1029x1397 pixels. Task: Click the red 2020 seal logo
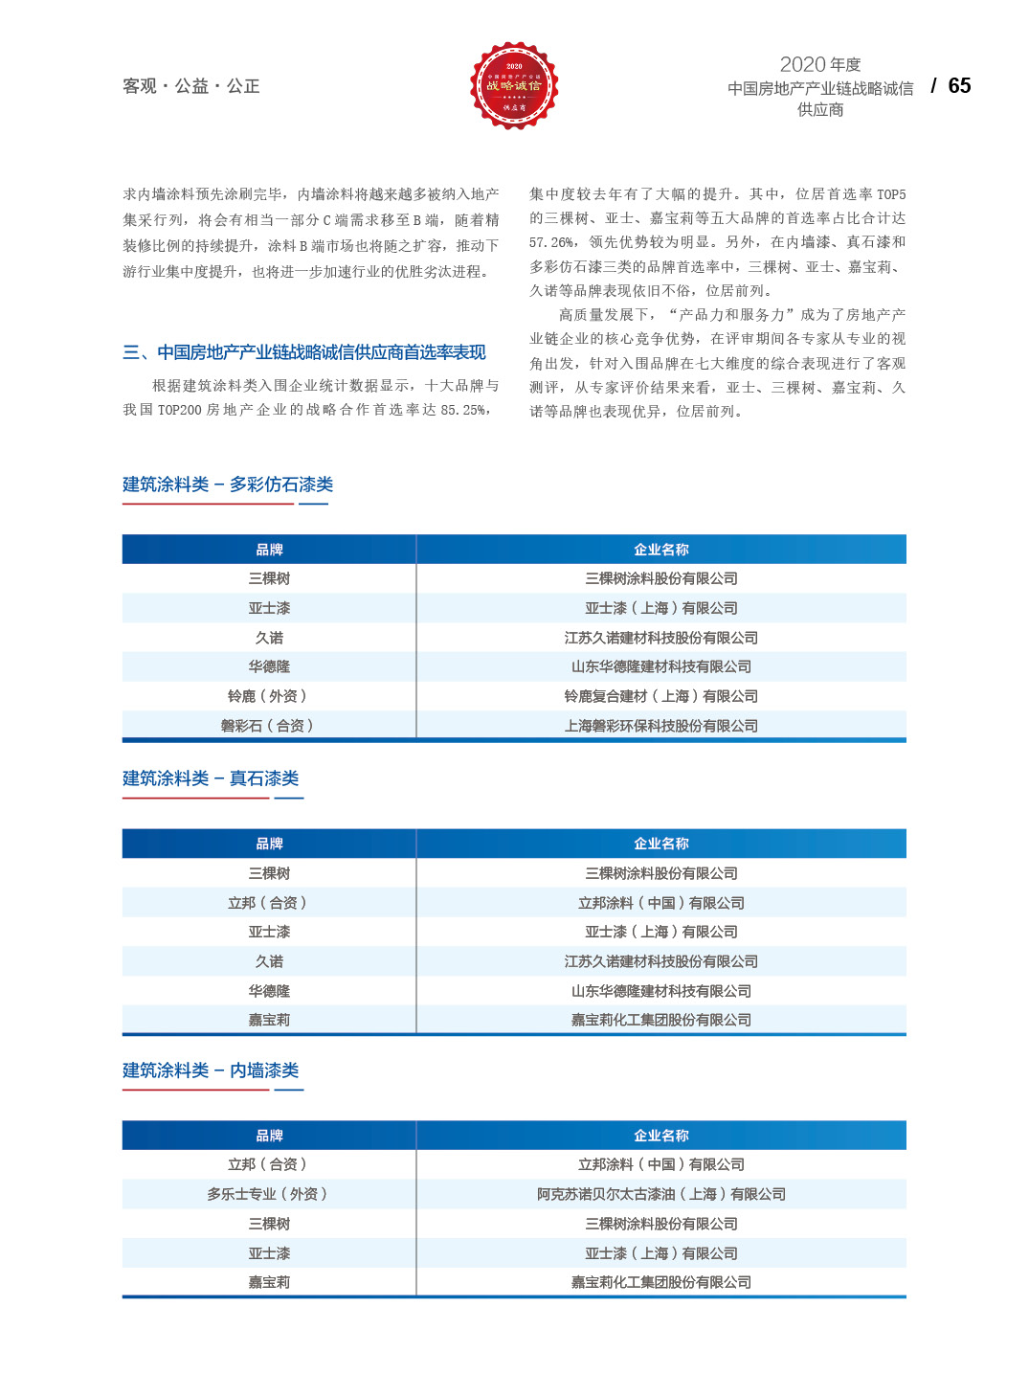pyautogui.click(x=514, y=86)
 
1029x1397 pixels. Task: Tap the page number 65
pyautogui.click(x=959, y=86)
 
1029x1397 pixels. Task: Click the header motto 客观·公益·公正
pyautogui.click(x=190, y=86)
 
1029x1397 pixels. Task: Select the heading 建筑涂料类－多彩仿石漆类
pyautogui.click(x=228, y=484)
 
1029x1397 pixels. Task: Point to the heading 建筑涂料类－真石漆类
pyautogui.click(x=211, y=778)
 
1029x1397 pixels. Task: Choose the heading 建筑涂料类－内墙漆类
pyautogui.click(x=211, y=1070)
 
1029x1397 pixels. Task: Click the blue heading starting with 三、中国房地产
pyautogui.click(x=304, y=352)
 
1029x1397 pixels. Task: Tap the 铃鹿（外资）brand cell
pyautogui.click(x=268, y=696)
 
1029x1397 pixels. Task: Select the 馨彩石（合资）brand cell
pyautogui.click(x=268, y=726)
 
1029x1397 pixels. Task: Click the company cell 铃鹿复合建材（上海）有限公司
pyautogui.click(x=660, y=696)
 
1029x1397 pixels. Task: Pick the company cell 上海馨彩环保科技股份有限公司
pyautogui.click(x=660, y=726)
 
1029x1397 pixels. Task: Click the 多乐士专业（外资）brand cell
pyautogui.click(x=268, y=1194)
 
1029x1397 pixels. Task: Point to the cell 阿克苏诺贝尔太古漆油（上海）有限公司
pyautogui.click(x=660, y=1194)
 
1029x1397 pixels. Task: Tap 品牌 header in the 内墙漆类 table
pyautogui.click(x=269, y=1136)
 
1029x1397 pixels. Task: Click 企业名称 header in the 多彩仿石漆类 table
pyautogui.click(x=660, y=550)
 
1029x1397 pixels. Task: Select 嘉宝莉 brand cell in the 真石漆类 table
pyautogui.click(x=269, y=1020)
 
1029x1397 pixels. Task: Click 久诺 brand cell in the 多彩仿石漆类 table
pyautogui.click(x=269, y=638)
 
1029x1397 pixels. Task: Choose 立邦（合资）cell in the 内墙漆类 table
pyautogui.click(x=268, y=1164)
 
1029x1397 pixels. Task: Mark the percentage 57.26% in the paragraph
pyautogui.click(x=551, y=243)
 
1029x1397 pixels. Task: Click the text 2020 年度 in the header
pyautogui.click(x=820, y=64)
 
